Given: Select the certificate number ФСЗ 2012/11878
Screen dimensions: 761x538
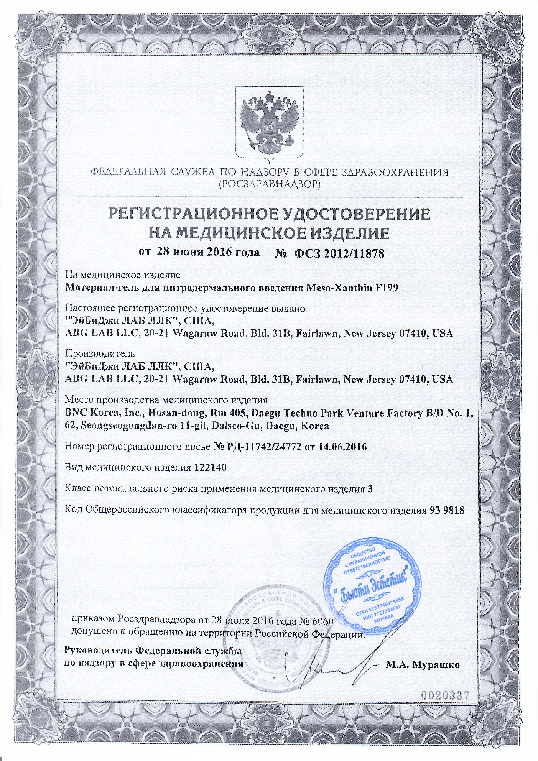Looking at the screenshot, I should coord(337,253).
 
